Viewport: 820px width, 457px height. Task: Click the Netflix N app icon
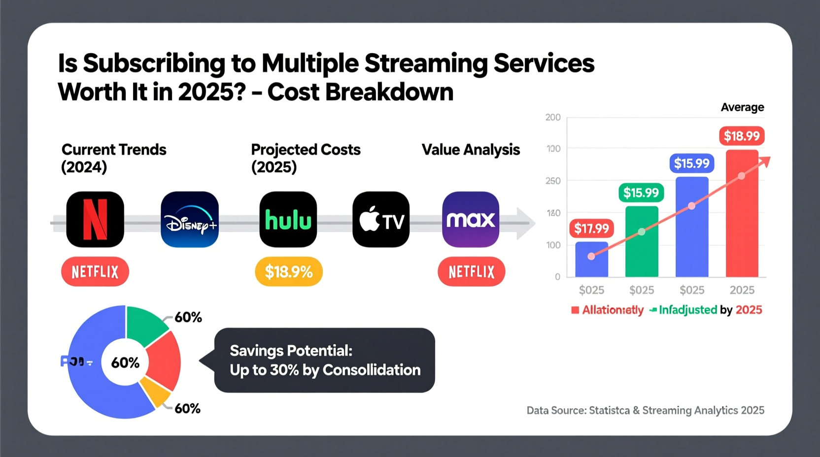(95, 219)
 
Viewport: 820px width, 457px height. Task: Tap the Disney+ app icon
(190, 219)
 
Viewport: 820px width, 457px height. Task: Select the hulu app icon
(288, 219)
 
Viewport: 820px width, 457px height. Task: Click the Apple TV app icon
(381, 219)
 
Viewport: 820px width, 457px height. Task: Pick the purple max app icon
(471, 219)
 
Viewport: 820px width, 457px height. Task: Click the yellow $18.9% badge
(289, 271)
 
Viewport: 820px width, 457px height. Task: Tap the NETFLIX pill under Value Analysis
(471, 271)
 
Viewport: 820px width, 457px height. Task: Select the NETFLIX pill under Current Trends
(95, 271)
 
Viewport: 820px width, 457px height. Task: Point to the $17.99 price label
(591, 228)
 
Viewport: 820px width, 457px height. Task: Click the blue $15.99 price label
(691, 163)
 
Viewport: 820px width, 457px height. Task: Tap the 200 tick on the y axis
(553, 117)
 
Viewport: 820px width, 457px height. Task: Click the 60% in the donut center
(125, 363)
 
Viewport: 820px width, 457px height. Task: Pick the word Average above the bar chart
(742, 107)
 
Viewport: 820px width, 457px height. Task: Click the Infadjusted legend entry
(687, 310)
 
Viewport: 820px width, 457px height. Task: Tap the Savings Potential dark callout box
(325, 360)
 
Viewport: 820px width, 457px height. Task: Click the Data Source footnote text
(645, 410)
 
